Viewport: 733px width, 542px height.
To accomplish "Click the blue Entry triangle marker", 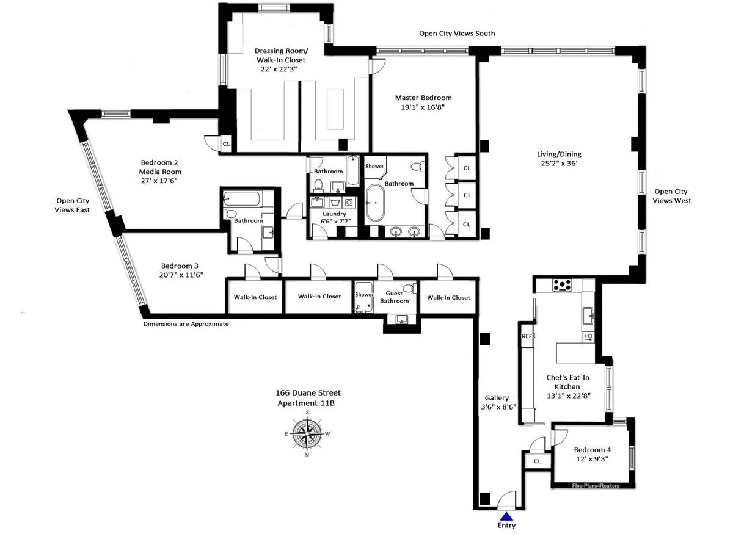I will tap(506, 516).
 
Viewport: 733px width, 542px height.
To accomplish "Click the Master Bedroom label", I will tap(423, 98).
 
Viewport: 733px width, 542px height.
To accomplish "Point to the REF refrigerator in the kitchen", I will tap(526, 336).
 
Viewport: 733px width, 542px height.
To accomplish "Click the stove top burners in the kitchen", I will tap(561, 284).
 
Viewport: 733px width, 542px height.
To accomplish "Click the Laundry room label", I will tap(334, 214).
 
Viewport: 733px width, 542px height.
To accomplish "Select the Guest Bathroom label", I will tap(394, 297).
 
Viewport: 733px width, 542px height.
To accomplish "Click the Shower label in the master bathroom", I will tap(374, 166).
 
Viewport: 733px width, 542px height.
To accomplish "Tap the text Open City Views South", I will tap(457, 34).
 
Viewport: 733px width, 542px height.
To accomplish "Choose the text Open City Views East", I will tap(73, 205).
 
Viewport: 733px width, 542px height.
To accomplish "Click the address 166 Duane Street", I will tap(308, 393).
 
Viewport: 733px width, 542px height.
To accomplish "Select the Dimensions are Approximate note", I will tap(186, 324).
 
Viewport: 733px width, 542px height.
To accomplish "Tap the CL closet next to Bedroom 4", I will tap(537, 462).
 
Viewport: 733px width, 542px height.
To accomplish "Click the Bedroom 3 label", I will tap(180, 266).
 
